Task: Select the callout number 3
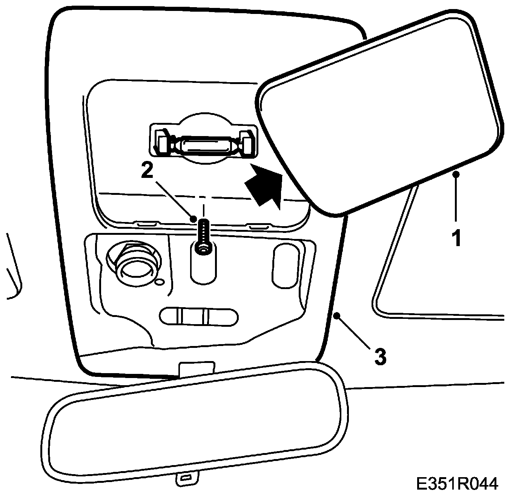point(380,356)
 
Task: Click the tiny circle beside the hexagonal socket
point(160,282)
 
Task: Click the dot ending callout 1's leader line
point(457,174)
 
